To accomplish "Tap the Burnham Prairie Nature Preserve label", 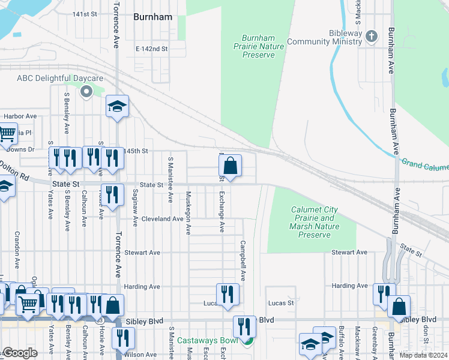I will coord(259,46).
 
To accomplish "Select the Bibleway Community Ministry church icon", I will coord(372,37).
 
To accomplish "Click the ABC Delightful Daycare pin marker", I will coord(86,92).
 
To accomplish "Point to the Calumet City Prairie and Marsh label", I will coord(315,222).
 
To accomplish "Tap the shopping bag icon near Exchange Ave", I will coord(230,166).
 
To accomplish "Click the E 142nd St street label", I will coord(151,49).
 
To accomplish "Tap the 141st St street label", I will coord(85,14).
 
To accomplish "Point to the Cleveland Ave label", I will coord(162,219).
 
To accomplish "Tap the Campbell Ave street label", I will coord(243,261).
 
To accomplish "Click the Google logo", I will coord(20,353).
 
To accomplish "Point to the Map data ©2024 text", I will coord(423,354).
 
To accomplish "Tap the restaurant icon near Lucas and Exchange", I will coord(228,294).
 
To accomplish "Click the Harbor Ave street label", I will coord(20,116).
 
